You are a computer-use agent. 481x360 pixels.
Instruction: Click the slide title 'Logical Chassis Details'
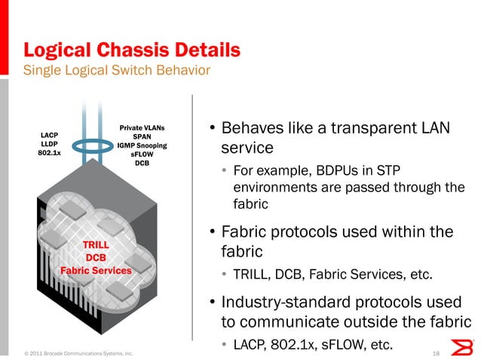[132, 50]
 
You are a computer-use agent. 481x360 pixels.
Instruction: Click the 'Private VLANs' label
[142, 128]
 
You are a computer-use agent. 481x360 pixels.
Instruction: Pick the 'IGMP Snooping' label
[142, 145]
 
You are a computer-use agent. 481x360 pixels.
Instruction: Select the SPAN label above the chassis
[142, 136]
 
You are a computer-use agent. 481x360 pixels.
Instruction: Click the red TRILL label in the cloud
[96, 245]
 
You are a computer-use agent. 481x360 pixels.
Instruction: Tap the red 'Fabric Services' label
[96, 270]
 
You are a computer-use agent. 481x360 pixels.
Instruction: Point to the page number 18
[436, 352]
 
